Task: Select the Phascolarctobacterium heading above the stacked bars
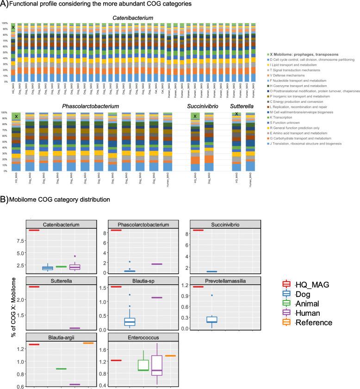pyautogui.click(x=91, y=107)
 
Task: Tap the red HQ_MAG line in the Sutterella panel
pyautogui.click(x=34, y=287)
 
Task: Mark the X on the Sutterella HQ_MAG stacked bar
pyautogui.click(x=236, y=114)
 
